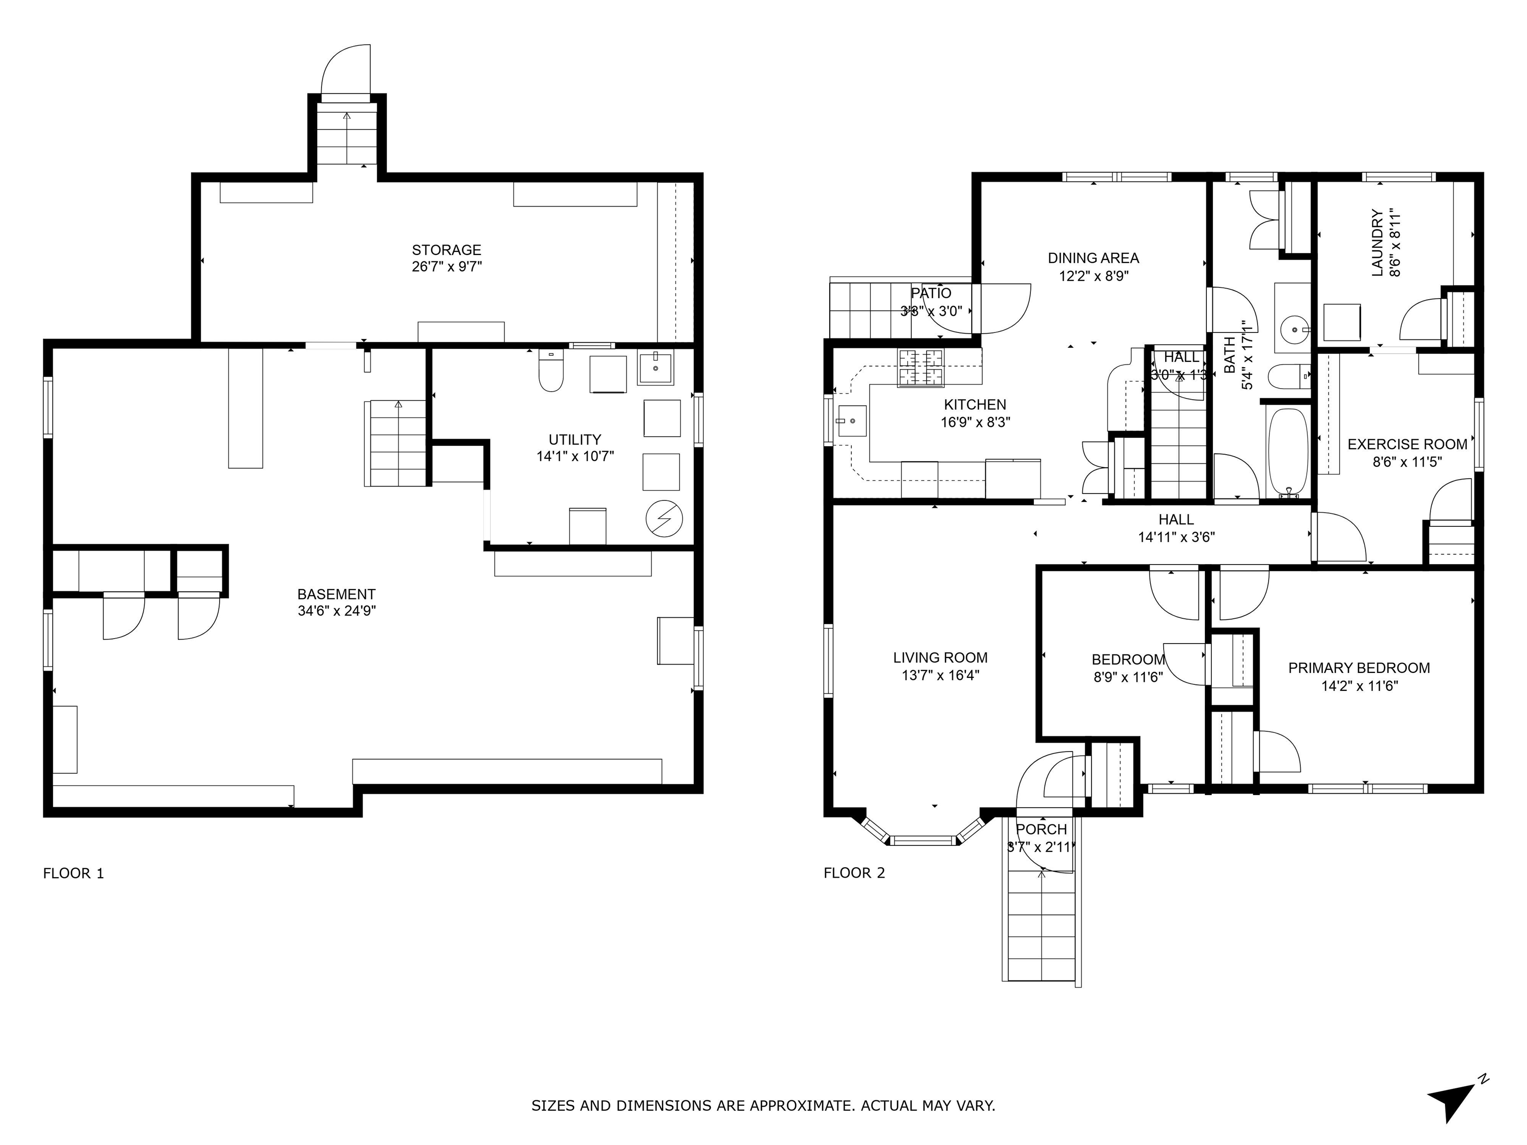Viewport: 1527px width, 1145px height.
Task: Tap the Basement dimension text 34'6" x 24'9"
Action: [x=336, y=611]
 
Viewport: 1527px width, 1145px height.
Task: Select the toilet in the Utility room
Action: [x=550, y=373]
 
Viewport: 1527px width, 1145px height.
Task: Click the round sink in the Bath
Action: [x=1292, y=329]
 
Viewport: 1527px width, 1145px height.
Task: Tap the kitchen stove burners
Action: [x=920, y=368]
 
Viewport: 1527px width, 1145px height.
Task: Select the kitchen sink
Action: [x=851, y=419]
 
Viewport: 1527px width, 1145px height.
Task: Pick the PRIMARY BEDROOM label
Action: [x=1358, y=668]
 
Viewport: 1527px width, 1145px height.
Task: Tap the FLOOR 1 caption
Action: [x=73, y=873]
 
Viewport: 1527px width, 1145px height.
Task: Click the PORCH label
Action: [x=1041, y=829]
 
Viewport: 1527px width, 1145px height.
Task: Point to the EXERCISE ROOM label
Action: [x=1407, y=444]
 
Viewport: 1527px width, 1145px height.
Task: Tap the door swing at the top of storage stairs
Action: [x=348, y=69]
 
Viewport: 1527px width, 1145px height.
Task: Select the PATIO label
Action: [x=931, y=293]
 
